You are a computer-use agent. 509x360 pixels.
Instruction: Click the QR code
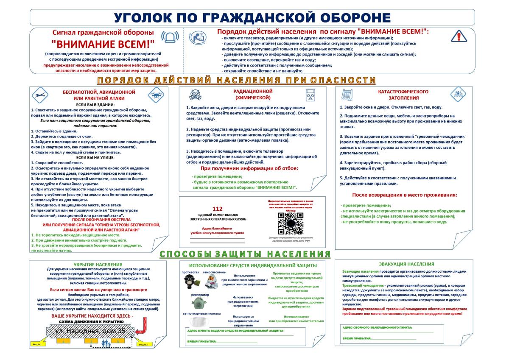coord(291,223)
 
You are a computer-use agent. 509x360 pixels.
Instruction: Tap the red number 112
coord(217,209)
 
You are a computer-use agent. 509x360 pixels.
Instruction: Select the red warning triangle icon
coord(459,36)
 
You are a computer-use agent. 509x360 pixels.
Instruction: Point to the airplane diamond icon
coord(39,95)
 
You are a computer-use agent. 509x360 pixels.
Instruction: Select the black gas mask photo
coord(190,281)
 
